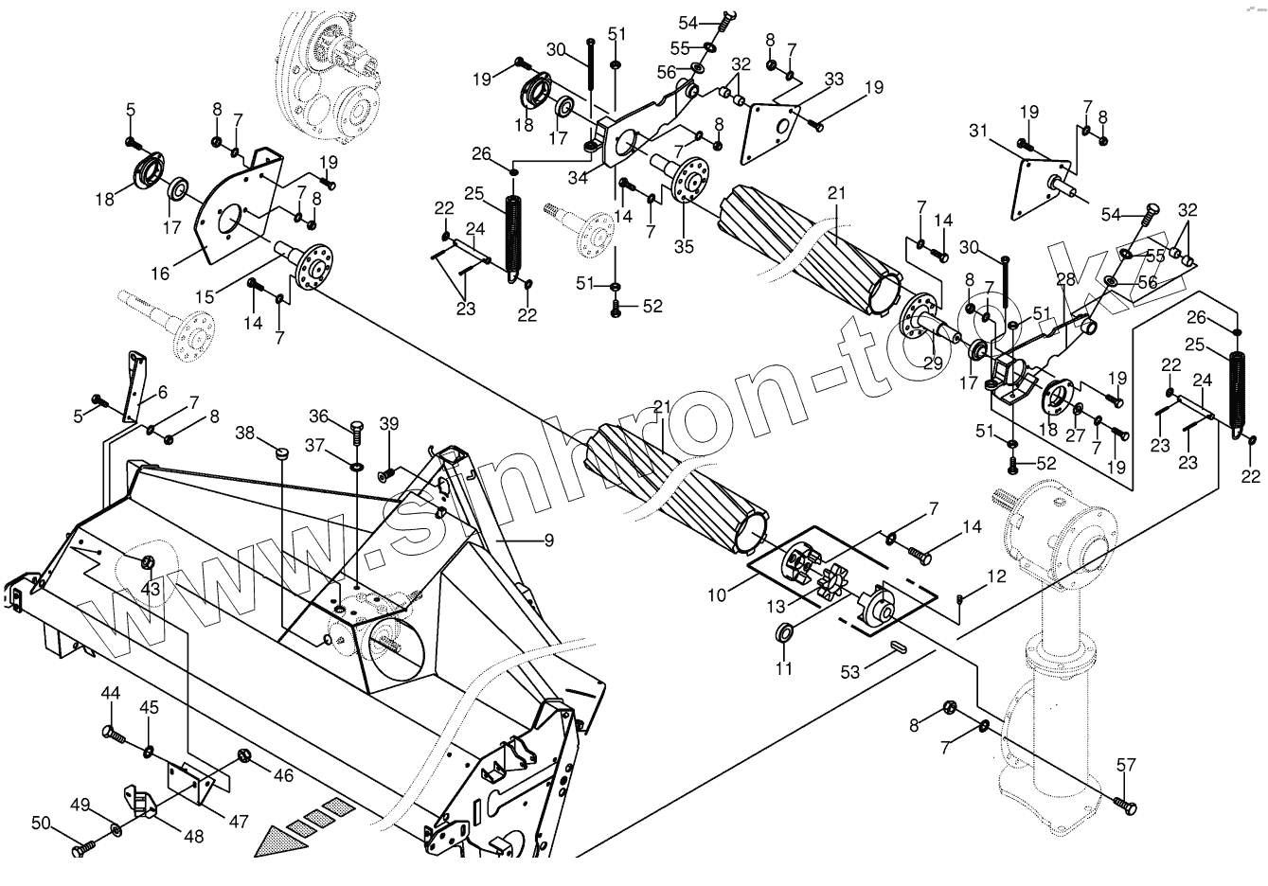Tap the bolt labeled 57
click(x=1126, y=806)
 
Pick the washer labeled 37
click(x=357, y=466)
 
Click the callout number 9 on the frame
click(x=546, y=540)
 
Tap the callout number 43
click(x=151, y=588)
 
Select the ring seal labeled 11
click(x=785, y=632)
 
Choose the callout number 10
click(x=718, y=595)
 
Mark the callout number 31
click(x=978, y=132)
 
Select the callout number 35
click(x=684, y=247)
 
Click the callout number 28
click(x=1066, y=281)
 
